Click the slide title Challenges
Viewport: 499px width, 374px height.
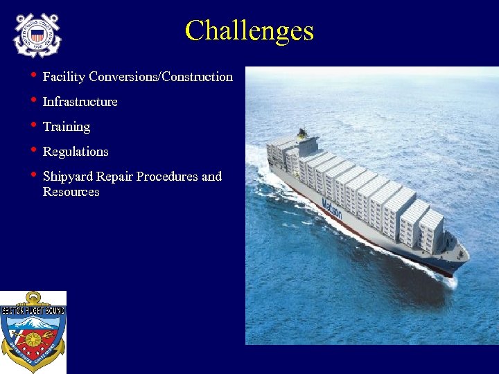tap(249, 31)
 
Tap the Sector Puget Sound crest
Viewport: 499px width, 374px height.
tap(33, 332)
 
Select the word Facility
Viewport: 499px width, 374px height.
tap(63, 77)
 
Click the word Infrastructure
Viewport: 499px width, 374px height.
tap(80, 102)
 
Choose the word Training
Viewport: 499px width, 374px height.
tap(67, 127)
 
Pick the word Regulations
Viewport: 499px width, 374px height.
tap(76, 152)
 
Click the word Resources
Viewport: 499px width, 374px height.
tap(71, 192)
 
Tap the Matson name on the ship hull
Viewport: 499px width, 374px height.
tap(332, 208)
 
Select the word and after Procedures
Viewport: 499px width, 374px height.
tap(211, 177)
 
